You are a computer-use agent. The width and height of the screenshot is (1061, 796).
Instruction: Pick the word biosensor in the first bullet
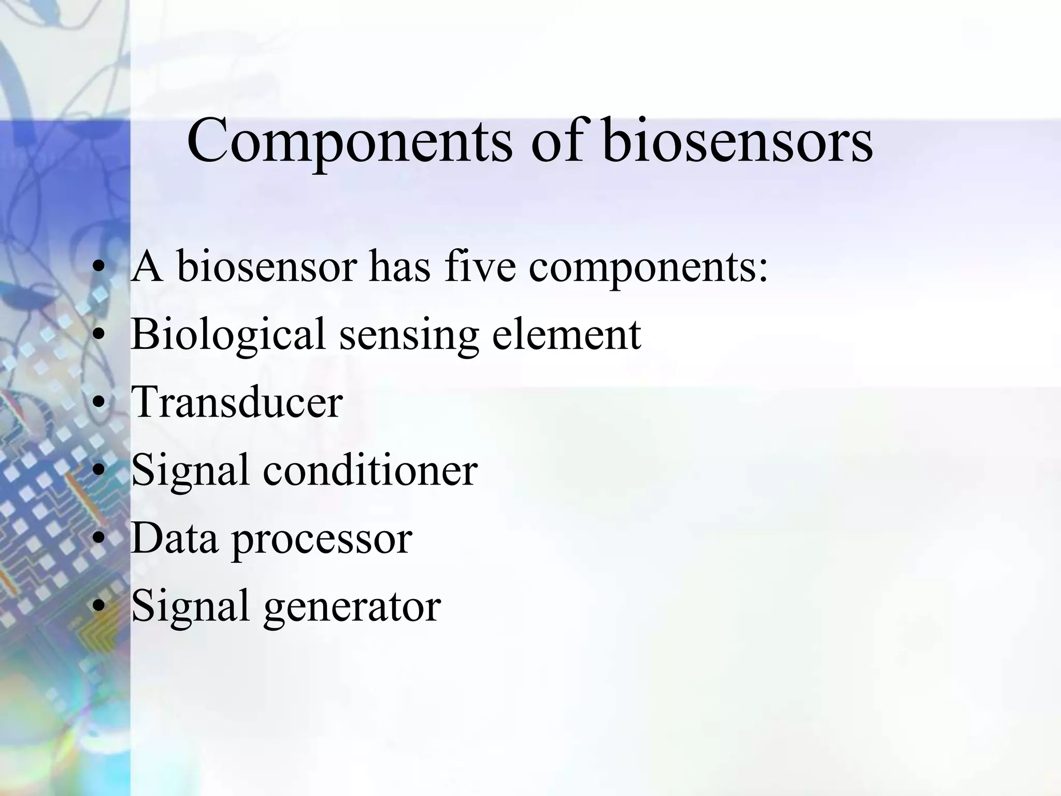point(267,266)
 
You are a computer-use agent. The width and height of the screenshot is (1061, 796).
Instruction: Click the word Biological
point(228,334)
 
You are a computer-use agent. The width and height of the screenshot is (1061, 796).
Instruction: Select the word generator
point(352,607)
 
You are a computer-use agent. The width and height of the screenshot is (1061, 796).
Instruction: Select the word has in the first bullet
point(399,266)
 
